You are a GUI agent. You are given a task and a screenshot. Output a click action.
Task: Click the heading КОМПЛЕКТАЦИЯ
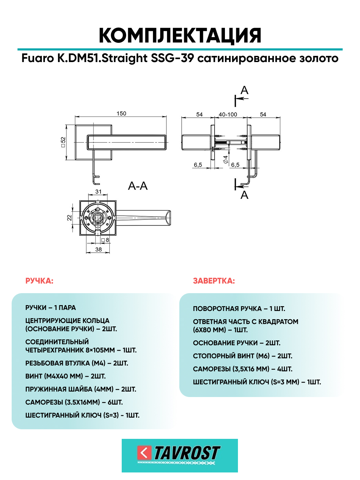coord(180,35)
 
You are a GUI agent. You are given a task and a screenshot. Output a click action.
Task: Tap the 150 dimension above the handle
coord(121,113)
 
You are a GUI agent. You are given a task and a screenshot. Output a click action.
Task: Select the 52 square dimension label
coord(63,142)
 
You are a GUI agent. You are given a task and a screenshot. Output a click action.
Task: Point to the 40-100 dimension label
coord(228,115)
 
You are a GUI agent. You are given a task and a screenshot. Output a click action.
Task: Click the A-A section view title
coord(138,186)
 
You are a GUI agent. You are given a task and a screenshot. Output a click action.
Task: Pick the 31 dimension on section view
coord(98,192)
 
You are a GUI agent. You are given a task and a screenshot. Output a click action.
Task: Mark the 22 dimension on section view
coord(69,218)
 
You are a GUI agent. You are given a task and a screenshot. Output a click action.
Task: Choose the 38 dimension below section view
coord(99,250)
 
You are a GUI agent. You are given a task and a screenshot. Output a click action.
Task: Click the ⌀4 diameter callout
coord(226,159)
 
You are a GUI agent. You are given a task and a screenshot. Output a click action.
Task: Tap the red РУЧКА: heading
coord(39,281)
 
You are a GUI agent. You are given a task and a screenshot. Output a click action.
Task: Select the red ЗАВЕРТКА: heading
coord(214,281)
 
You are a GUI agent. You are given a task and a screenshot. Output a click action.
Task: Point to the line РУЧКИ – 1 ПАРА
coord(50,308)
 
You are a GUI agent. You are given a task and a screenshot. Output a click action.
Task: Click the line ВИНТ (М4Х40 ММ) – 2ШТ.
coord(65,376)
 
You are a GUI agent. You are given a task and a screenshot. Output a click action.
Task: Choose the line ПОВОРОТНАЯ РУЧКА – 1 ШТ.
coord(239,309)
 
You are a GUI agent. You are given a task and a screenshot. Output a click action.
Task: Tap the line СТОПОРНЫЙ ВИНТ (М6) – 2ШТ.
coord(243,356)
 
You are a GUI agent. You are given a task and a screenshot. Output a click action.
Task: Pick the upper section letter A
coord(244,90)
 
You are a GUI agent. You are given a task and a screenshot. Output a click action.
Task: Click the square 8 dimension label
coord(105,240)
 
